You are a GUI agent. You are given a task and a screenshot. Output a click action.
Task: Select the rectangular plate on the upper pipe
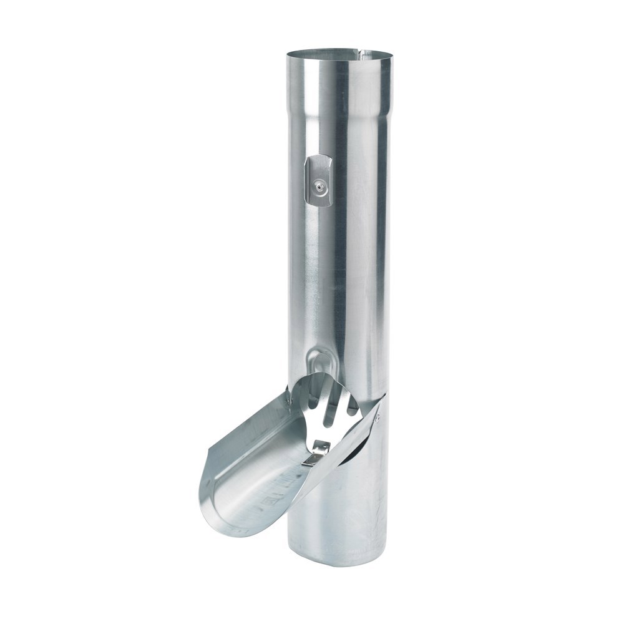pyautogui.click(x=318, y=180)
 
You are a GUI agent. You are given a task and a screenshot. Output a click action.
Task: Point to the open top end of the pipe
pyautogui.click(x=341, y=51)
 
